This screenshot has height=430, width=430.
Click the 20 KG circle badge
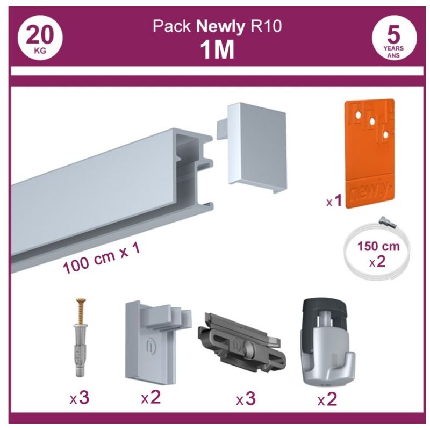pyautogui.click(x=39, y=40)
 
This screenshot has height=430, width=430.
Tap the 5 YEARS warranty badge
pyautogui.click(x=393, y=40)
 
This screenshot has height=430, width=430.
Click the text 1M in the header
pyautogui.click(x=217, y=50)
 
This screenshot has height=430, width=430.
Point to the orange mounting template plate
pyautogui.click(x=370, y=153)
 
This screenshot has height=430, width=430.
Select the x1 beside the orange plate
pyautogui.click(x=334, y=202)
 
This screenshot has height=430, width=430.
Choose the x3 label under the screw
pyautogui.click(x=80, y=398)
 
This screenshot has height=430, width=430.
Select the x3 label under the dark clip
pyautogui.click(x=245, y=399)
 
